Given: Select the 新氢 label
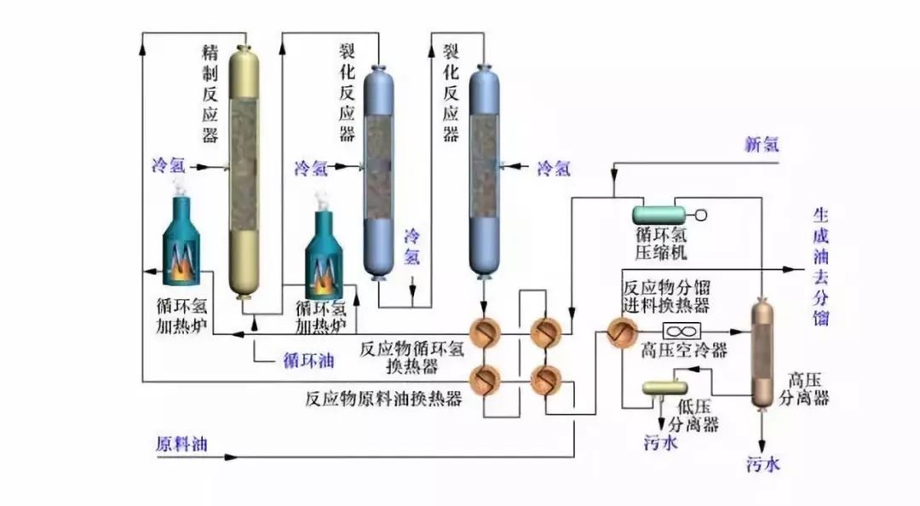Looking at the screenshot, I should (x=761, y=144).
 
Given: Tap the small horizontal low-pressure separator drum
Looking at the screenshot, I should (x=661, y=387).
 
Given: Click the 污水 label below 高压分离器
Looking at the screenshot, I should (x=763, y=464).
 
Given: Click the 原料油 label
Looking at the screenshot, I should (x=181, y=444).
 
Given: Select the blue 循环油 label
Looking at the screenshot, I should (x=308, y=360).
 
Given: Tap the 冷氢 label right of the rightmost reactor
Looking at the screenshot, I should (x=553, y=169).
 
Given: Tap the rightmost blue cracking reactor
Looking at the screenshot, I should (x=484, y=170).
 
